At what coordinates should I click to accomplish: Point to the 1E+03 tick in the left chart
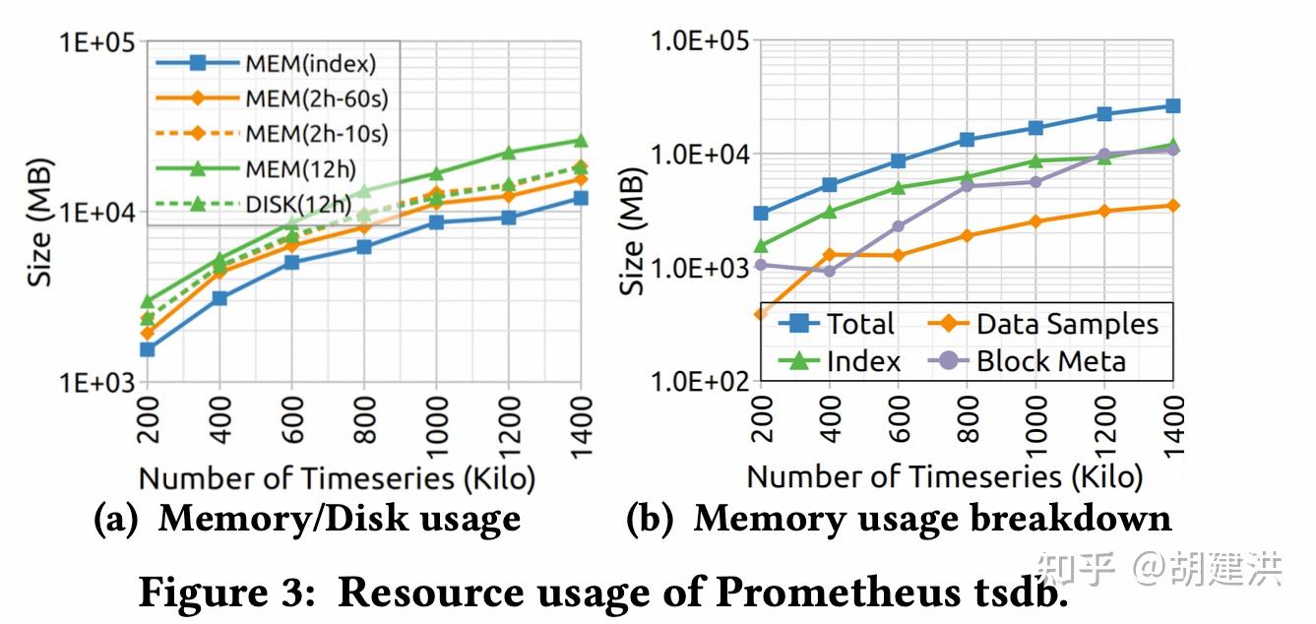point(91,382)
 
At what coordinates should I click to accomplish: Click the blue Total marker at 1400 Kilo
point(1172,105)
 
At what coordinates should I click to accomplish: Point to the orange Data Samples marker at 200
point(760,314)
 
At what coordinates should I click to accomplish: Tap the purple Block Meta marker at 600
point(898,226)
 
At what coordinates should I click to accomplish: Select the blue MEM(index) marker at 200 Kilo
point(147,349)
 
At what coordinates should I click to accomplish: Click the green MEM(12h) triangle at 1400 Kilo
point(581,141)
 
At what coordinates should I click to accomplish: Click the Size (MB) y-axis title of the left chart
point(39,221)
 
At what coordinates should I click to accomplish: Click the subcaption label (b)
point(653,519)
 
